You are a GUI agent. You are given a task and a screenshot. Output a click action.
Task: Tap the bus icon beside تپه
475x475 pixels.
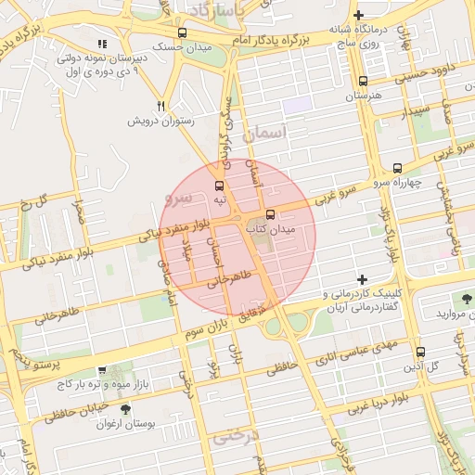(220, 185)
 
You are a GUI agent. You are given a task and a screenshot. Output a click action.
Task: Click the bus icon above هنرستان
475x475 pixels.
(362, 81)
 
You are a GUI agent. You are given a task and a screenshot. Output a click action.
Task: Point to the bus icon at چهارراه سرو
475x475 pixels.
(397, 168)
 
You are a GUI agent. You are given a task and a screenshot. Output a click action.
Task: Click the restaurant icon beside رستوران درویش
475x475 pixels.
(162, 107)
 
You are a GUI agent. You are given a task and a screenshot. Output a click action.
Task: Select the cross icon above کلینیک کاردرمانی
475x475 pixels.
(362, 278)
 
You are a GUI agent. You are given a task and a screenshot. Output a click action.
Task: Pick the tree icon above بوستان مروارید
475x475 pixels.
(465, 299)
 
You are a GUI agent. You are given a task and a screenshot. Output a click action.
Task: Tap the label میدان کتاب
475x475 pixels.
(271, 228)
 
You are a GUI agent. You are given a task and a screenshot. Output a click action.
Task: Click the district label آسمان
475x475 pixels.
(266, 135)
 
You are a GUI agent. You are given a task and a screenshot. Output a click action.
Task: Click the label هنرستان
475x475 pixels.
(364, 96)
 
